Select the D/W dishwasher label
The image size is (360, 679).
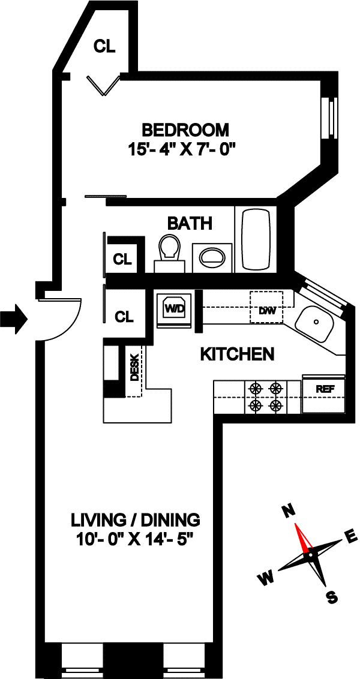point(266,311)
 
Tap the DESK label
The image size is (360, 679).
point(135,368)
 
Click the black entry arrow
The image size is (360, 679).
point(14,319)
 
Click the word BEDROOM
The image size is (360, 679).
point(186,129)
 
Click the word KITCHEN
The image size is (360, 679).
point(237,354)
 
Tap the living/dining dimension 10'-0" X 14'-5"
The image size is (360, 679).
point(136,540)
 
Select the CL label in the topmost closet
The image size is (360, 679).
point(105,46)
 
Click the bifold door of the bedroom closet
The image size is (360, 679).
point(103,85)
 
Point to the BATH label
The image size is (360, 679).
point(190,224)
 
